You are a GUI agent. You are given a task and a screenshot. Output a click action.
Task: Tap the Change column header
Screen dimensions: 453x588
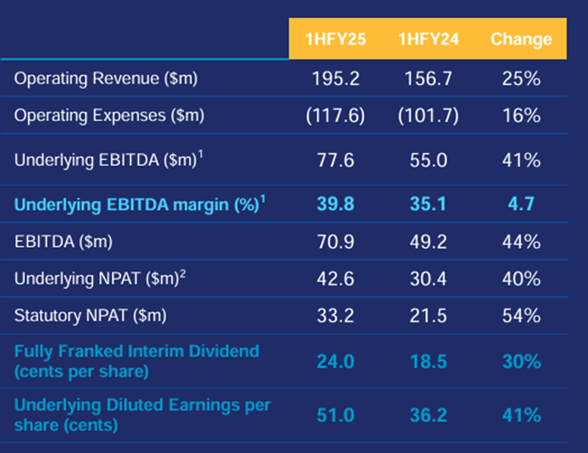click(x=521, y=39)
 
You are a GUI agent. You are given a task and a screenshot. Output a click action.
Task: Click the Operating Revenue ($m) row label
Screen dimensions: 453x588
click(x=105, y=79)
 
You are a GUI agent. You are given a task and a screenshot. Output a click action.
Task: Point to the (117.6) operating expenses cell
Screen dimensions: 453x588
click(x=334, y=116)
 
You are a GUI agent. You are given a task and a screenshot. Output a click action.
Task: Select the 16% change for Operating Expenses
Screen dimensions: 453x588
click(x=521, y=116)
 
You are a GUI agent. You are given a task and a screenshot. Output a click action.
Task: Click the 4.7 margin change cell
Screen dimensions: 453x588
click(x=521, y=205)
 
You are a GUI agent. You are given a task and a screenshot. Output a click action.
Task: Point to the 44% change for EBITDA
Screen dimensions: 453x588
click(x=521, y=241)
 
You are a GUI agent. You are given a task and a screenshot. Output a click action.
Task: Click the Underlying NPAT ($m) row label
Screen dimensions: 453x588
click(x=99, y=278)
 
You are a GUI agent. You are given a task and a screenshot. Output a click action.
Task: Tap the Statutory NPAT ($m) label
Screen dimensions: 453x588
click(x=91, y=316)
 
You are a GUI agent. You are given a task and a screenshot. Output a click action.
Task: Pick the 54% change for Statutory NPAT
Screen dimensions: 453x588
click(x=521, y=316)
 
